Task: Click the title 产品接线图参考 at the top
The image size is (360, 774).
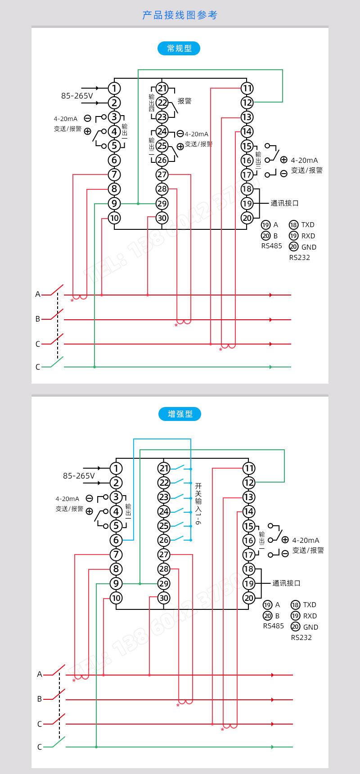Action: [180, 15]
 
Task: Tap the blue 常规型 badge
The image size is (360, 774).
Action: [179, 48]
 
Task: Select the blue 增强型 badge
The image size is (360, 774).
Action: [180, 414]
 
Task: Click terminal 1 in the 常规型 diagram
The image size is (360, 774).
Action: [114, 88]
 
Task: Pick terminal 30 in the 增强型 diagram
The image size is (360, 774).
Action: [164, 598]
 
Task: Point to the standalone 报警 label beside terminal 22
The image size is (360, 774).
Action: [184, 101]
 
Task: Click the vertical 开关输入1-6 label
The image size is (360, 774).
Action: [198, 503]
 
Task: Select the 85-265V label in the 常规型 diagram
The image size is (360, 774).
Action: [77, 96]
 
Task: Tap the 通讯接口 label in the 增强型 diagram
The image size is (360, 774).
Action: [286, 583]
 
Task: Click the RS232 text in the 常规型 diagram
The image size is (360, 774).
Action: [299, 257]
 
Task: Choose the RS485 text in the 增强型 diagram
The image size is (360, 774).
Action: [273, 626]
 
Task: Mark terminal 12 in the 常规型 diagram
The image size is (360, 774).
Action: [247, 103]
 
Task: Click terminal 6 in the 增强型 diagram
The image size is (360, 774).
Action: [116, 540]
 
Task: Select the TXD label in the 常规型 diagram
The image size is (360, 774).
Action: [308, 225]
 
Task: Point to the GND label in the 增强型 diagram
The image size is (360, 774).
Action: [310, 627]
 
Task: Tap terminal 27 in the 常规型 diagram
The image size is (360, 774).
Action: [162, 174]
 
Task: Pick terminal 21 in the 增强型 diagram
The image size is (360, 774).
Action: [164, 468]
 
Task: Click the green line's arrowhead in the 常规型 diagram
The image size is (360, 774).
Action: [270, 367]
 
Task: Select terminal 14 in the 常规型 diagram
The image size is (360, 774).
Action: [247, 131]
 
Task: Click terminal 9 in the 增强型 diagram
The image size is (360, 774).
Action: [116, 583]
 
